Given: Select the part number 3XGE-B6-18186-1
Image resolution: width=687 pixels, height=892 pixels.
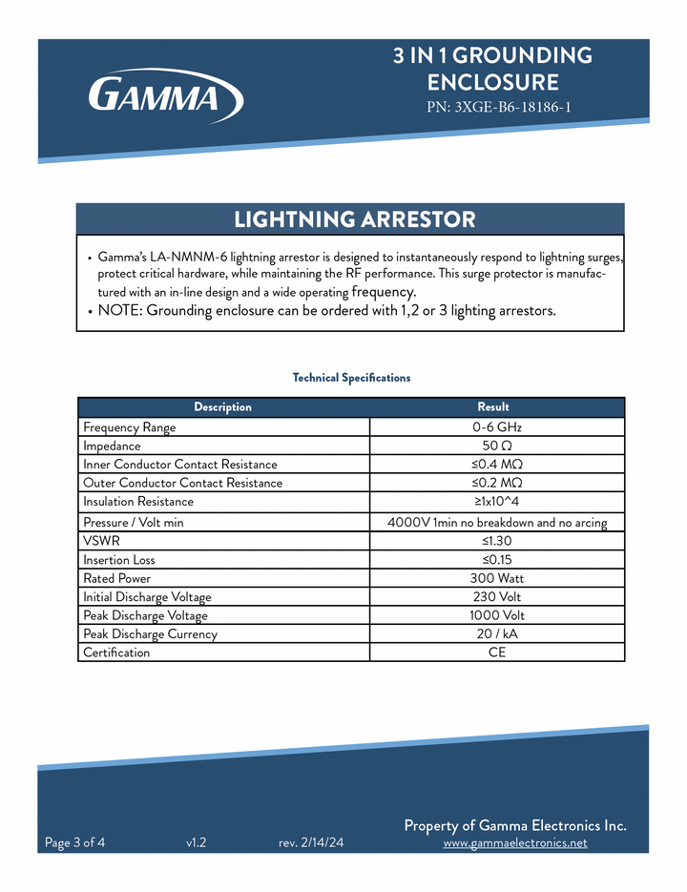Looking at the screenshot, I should (x=498, y=108).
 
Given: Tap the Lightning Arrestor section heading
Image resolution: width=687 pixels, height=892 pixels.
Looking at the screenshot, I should (x=354, y=219).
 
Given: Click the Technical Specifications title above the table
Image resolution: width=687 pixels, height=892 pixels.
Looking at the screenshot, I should (x=351, y=378).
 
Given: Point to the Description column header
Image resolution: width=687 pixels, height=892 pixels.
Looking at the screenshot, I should (x=222, y=407).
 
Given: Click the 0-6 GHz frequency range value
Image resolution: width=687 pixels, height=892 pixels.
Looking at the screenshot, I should (x=496, y=427).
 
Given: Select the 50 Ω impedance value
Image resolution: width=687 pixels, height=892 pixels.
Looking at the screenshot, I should (x=496, y=446).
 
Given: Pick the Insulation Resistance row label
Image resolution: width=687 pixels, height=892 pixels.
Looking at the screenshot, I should (x=138, y=502).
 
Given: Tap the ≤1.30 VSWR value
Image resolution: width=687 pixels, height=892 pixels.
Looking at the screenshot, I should (x=497, y=541).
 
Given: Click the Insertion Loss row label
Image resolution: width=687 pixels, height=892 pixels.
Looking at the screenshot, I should (x=119, y=560).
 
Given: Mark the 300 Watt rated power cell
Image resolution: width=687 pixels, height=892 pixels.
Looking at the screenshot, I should (x=496, y=578).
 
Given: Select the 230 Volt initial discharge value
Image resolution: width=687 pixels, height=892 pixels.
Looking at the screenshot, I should (x=496, y=597).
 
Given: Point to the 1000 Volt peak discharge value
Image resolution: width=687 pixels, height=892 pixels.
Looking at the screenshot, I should (x=496, y=615).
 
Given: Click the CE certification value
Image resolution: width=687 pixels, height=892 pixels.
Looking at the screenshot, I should (x=496, y=653).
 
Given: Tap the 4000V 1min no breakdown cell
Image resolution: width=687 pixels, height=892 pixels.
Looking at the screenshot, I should (x=496, y=523).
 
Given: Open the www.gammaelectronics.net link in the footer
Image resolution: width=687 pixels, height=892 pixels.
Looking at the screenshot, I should (x=515, y=843).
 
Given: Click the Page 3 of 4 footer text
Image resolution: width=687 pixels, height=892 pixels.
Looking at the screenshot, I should (x=75, y=842).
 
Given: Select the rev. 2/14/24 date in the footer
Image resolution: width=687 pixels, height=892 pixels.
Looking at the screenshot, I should (x=311, y=843).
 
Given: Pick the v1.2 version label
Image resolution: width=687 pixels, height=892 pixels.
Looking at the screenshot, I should (x=197, y=843).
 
